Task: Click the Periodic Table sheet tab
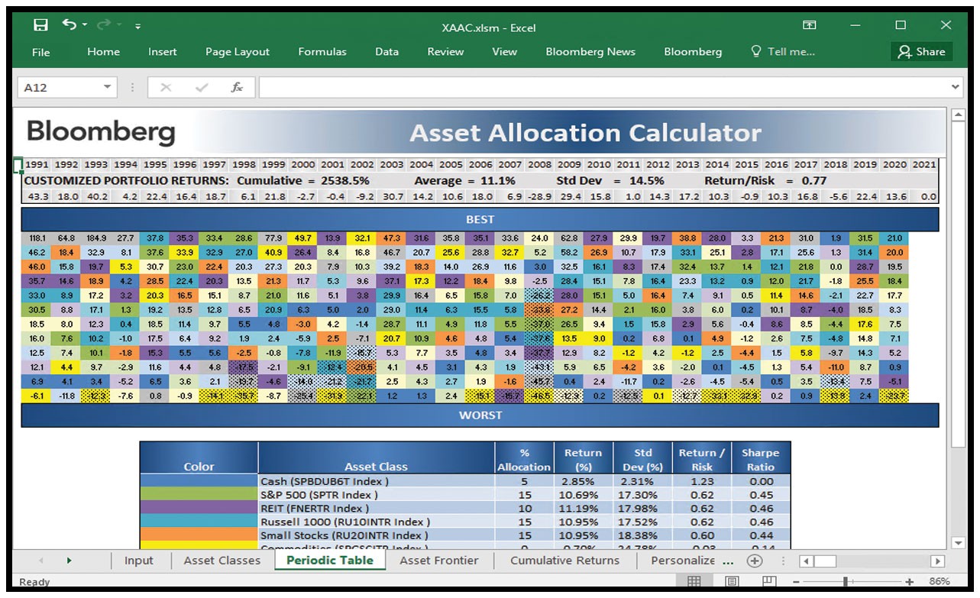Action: coord(329,560)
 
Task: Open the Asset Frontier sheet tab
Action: coord(439,560)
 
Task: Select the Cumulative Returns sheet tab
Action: coord(564,560)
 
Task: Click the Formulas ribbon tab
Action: coord(322,52)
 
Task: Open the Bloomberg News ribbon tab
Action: coord(590,52)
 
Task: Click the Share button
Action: coord(921,52)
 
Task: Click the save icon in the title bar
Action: coord(40,25)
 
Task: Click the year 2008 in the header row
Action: coord(539,164)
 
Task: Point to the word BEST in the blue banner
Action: coord(480,219)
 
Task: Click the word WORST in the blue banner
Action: coord(480,415)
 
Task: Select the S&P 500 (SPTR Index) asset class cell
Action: coord(319,495)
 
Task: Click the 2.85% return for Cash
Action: coord(582,481)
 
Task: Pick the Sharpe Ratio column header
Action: coord(760,459)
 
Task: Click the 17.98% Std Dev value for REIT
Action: coord(643,509)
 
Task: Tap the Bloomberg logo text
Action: coord(101,132)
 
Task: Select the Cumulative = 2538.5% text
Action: coord(303,181)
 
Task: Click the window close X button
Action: coord(946,25)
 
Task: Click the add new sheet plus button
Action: coord(755,560)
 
